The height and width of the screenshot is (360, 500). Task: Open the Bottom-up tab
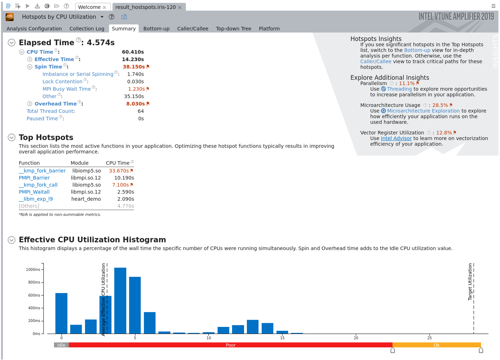pos(156,29)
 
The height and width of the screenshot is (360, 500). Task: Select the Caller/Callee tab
pos(193,29)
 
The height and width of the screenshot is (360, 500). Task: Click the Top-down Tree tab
pos(233,29)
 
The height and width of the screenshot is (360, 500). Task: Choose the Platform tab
pos(269,29)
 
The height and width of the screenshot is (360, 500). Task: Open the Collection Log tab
pos(87,29)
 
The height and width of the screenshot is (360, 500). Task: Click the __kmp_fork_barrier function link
pos(42,171)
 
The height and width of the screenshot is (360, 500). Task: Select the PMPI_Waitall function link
pos(34,192)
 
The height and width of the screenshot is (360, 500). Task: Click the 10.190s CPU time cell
pos(124,178)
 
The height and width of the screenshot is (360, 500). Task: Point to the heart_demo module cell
pos(86,199)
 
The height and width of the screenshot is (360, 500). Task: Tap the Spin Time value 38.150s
pos(134,67)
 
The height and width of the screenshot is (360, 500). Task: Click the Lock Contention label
pos(62,81)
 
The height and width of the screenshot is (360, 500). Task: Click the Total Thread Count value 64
pos(141,111)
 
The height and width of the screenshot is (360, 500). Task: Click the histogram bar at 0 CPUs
pos(61,313)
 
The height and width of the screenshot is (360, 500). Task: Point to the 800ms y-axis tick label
pos(34,282)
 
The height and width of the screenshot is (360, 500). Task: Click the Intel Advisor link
pos(396,138)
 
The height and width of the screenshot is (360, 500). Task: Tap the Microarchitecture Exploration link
pos(423,111)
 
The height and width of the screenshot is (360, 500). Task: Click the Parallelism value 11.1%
pos(407,83)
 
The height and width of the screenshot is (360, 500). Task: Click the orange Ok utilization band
pos(437,345)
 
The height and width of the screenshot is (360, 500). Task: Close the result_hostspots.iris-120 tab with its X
pos(180,7)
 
